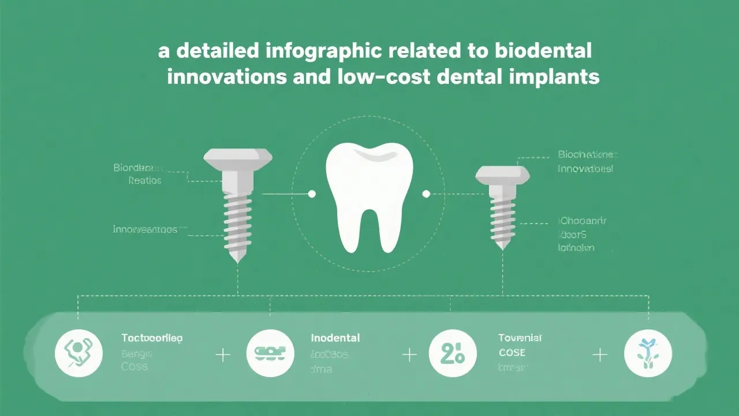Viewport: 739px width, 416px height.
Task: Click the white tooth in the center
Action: [369, 194]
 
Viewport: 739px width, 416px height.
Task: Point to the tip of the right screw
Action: [502, 247]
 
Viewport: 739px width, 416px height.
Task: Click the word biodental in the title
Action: [544, 50]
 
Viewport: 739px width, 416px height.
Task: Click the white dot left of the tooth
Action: [312, 194]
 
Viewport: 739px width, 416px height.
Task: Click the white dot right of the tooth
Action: [427, 194]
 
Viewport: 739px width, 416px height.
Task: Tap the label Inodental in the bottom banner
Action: [335, 338]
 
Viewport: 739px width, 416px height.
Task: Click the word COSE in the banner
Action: [512, 352]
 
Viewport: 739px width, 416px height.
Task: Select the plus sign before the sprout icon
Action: [600, 355]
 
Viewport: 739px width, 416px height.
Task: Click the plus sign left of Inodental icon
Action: [223, 355]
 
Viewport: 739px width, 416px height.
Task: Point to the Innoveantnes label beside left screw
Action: [145, 229]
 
